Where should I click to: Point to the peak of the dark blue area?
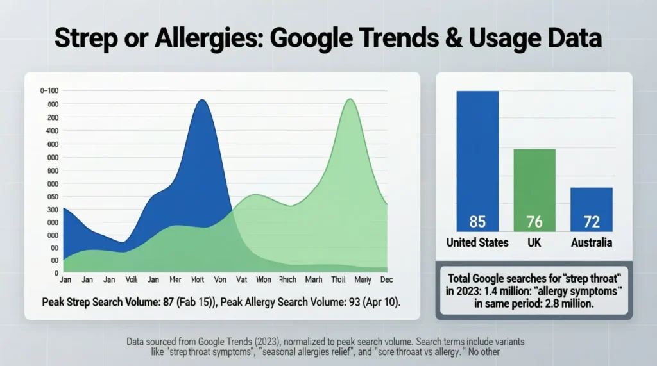click(201, 101)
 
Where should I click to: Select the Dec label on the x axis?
click(386, 280)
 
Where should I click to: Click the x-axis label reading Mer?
click(175, 280)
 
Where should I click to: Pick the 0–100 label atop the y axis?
click(49, 91)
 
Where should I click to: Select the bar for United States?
click(477, 160)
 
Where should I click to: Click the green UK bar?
click(534, 189)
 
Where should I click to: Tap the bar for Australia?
click(591, 208)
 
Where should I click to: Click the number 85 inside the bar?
click(477, 222)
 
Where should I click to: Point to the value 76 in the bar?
click(534, 222)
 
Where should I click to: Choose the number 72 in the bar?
click(591, 222)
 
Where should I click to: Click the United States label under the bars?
click(477, 242)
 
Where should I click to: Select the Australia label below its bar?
click(591, 242)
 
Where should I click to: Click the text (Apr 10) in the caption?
click(382, 302)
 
